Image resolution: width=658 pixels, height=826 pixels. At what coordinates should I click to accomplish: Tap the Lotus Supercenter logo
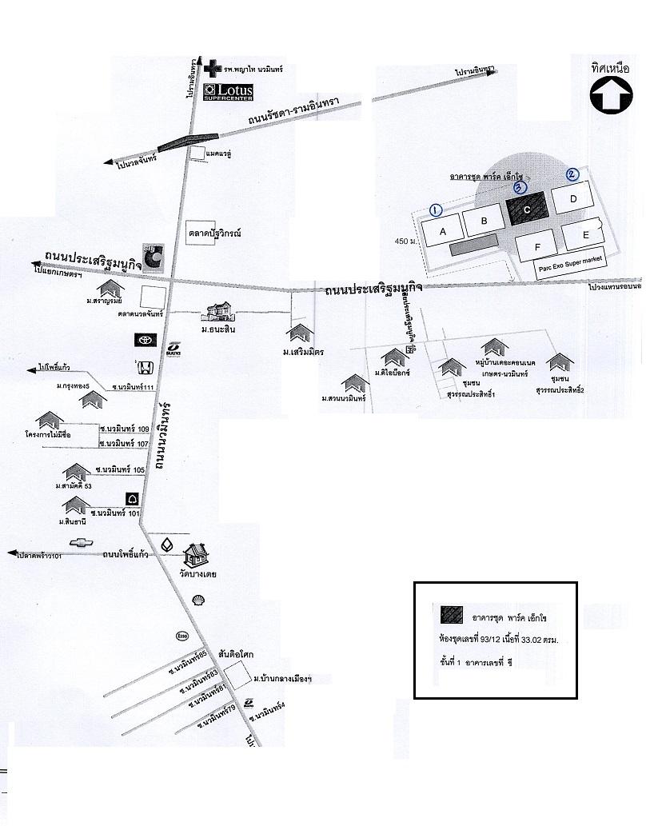tap(229, 92)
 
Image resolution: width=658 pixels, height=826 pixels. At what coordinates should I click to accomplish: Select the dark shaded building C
tap(527, 209)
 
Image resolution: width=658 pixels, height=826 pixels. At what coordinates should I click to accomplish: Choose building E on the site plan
tap(585, 234)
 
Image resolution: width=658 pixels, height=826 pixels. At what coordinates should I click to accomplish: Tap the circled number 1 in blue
tap(436, 209)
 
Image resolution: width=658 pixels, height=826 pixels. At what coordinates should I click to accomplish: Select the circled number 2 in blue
tap(572, 174)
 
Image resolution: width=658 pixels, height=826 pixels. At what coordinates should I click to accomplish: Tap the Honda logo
tap(146, 367)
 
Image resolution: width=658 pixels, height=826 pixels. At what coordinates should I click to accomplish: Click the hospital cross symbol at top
tap(210, 70)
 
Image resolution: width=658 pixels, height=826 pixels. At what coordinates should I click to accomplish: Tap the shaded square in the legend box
tap(452, 614)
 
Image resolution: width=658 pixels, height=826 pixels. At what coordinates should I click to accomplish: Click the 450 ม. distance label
tap(406, 241)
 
